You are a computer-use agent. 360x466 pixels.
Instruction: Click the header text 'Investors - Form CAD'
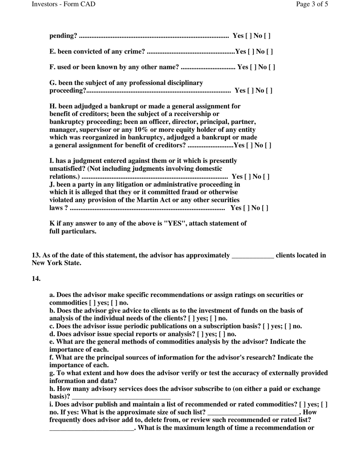pyautogui.click(x=64, y=4)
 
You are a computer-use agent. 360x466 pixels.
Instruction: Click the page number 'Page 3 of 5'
pyautogui.click(x=312, y=4)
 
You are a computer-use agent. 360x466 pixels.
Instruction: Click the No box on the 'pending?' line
pyautogui.click(x=267, y=36)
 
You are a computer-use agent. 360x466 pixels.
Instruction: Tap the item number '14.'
pyautogui.click(x=36, y=279)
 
